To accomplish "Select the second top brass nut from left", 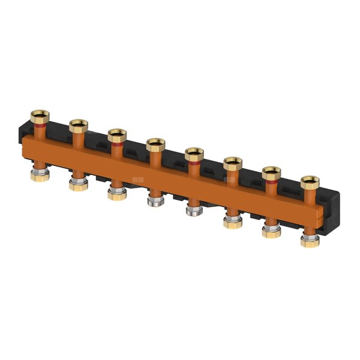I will (x=79, y=125).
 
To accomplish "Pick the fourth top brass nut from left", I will (x=156, y=144).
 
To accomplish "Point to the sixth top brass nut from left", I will (x=233, y=163).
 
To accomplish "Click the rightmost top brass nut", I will (x=310, y=182).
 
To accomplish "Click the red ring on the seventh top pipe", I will (x=272, y=184).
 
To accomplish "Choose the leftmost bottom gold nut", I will (x=40, y=176).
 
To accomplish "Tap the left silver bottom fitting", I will (x=156, y=202).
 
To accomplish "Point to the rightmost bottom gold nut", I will (x=310, y=242).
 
